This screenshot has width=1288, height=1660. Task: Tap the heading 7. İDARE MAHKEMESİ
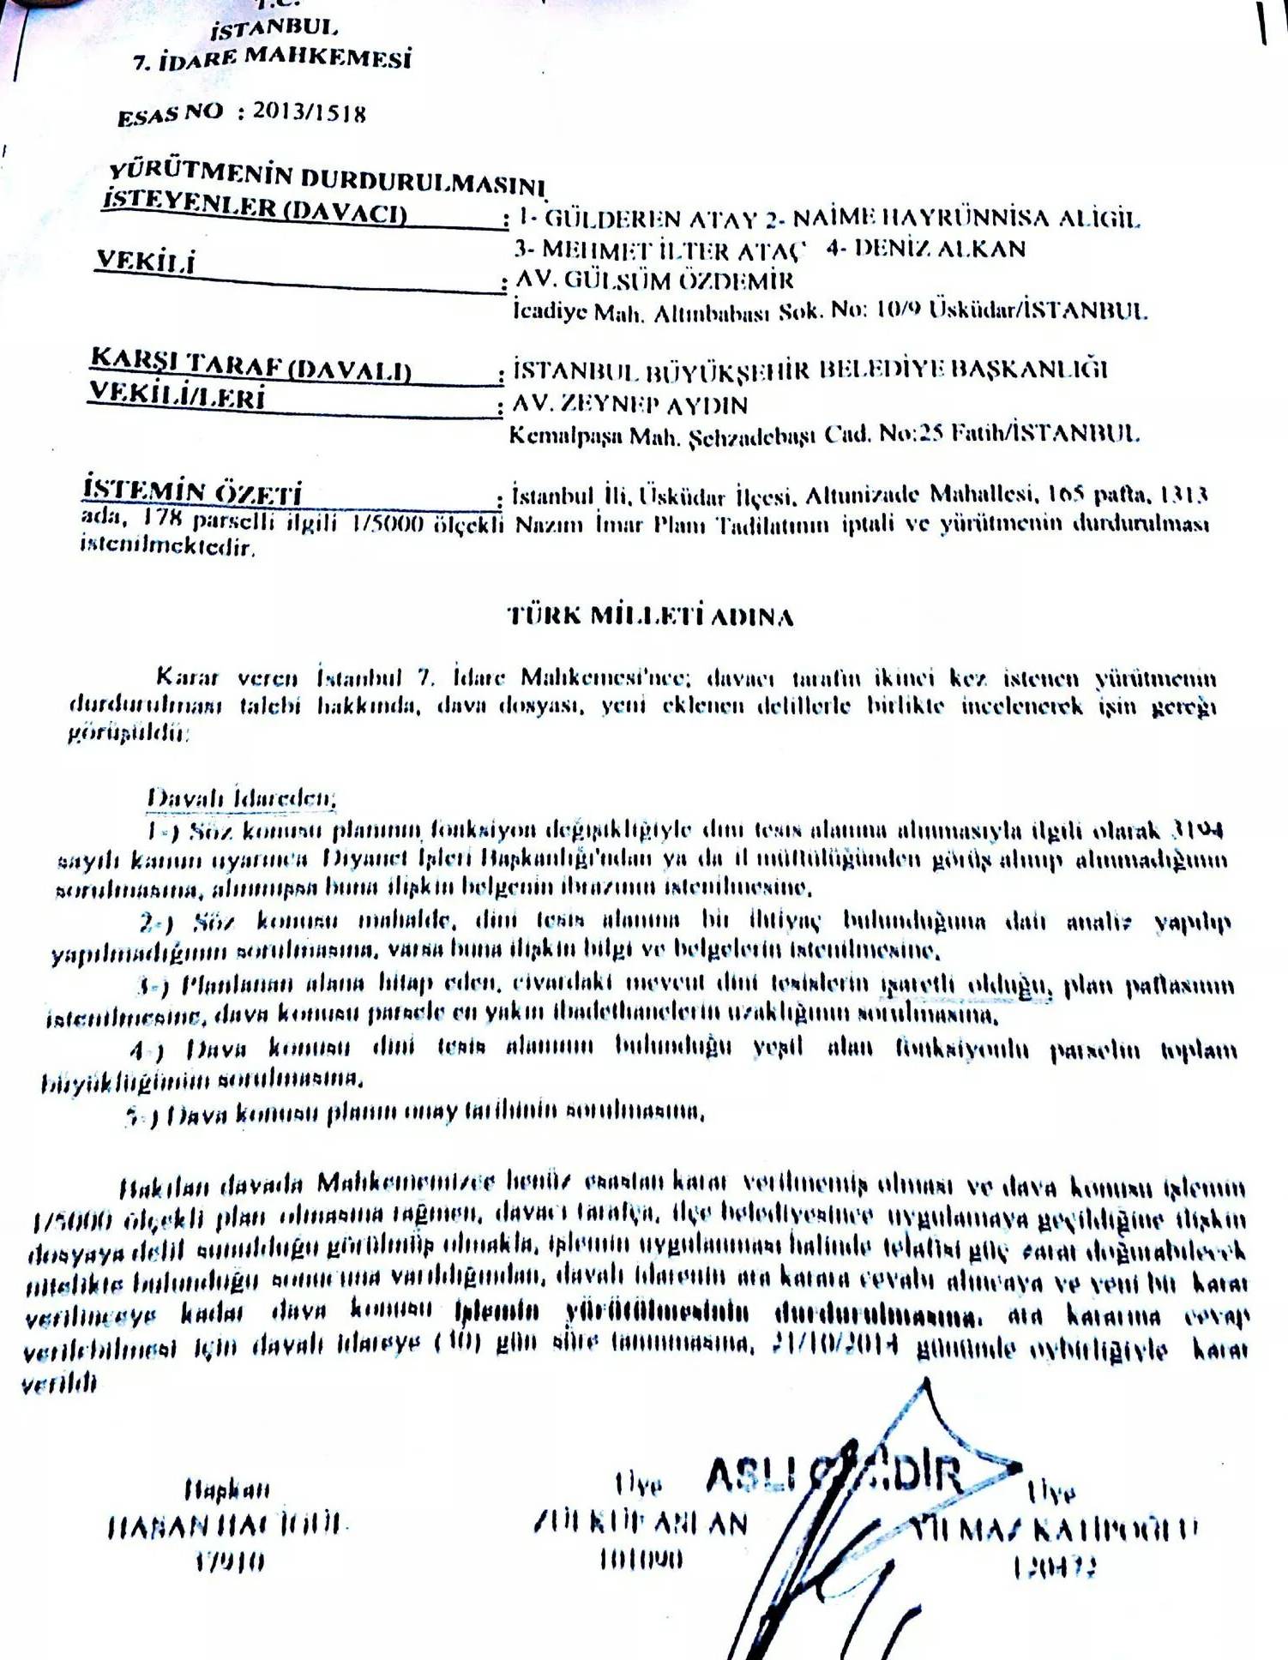point(272,59)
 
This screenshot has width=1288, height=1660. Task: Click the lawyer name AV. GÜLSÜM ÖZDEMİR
point(654,280)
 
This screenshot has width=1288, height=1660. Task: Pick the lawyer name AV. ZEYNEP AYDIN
point(630,405)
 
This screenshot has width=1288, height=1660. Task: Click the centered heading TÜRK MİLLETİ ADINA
point(650,616)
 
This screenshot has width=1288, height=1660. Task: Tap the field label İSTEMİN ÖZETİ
point(192,491)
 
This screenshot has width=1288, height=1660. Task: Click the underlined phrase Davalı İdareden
point(241,798)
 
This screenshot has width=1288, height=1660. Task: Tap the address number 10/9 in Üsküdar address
point(898,310)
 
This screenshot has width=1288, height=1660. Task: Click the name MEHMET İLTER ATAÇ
point(661,250)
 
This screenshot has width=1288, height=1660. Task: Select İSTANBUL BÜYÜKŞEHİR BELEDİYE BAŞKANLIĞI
point(810,370)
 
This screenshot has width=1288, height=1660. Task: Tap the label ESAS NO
point(170,114)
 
